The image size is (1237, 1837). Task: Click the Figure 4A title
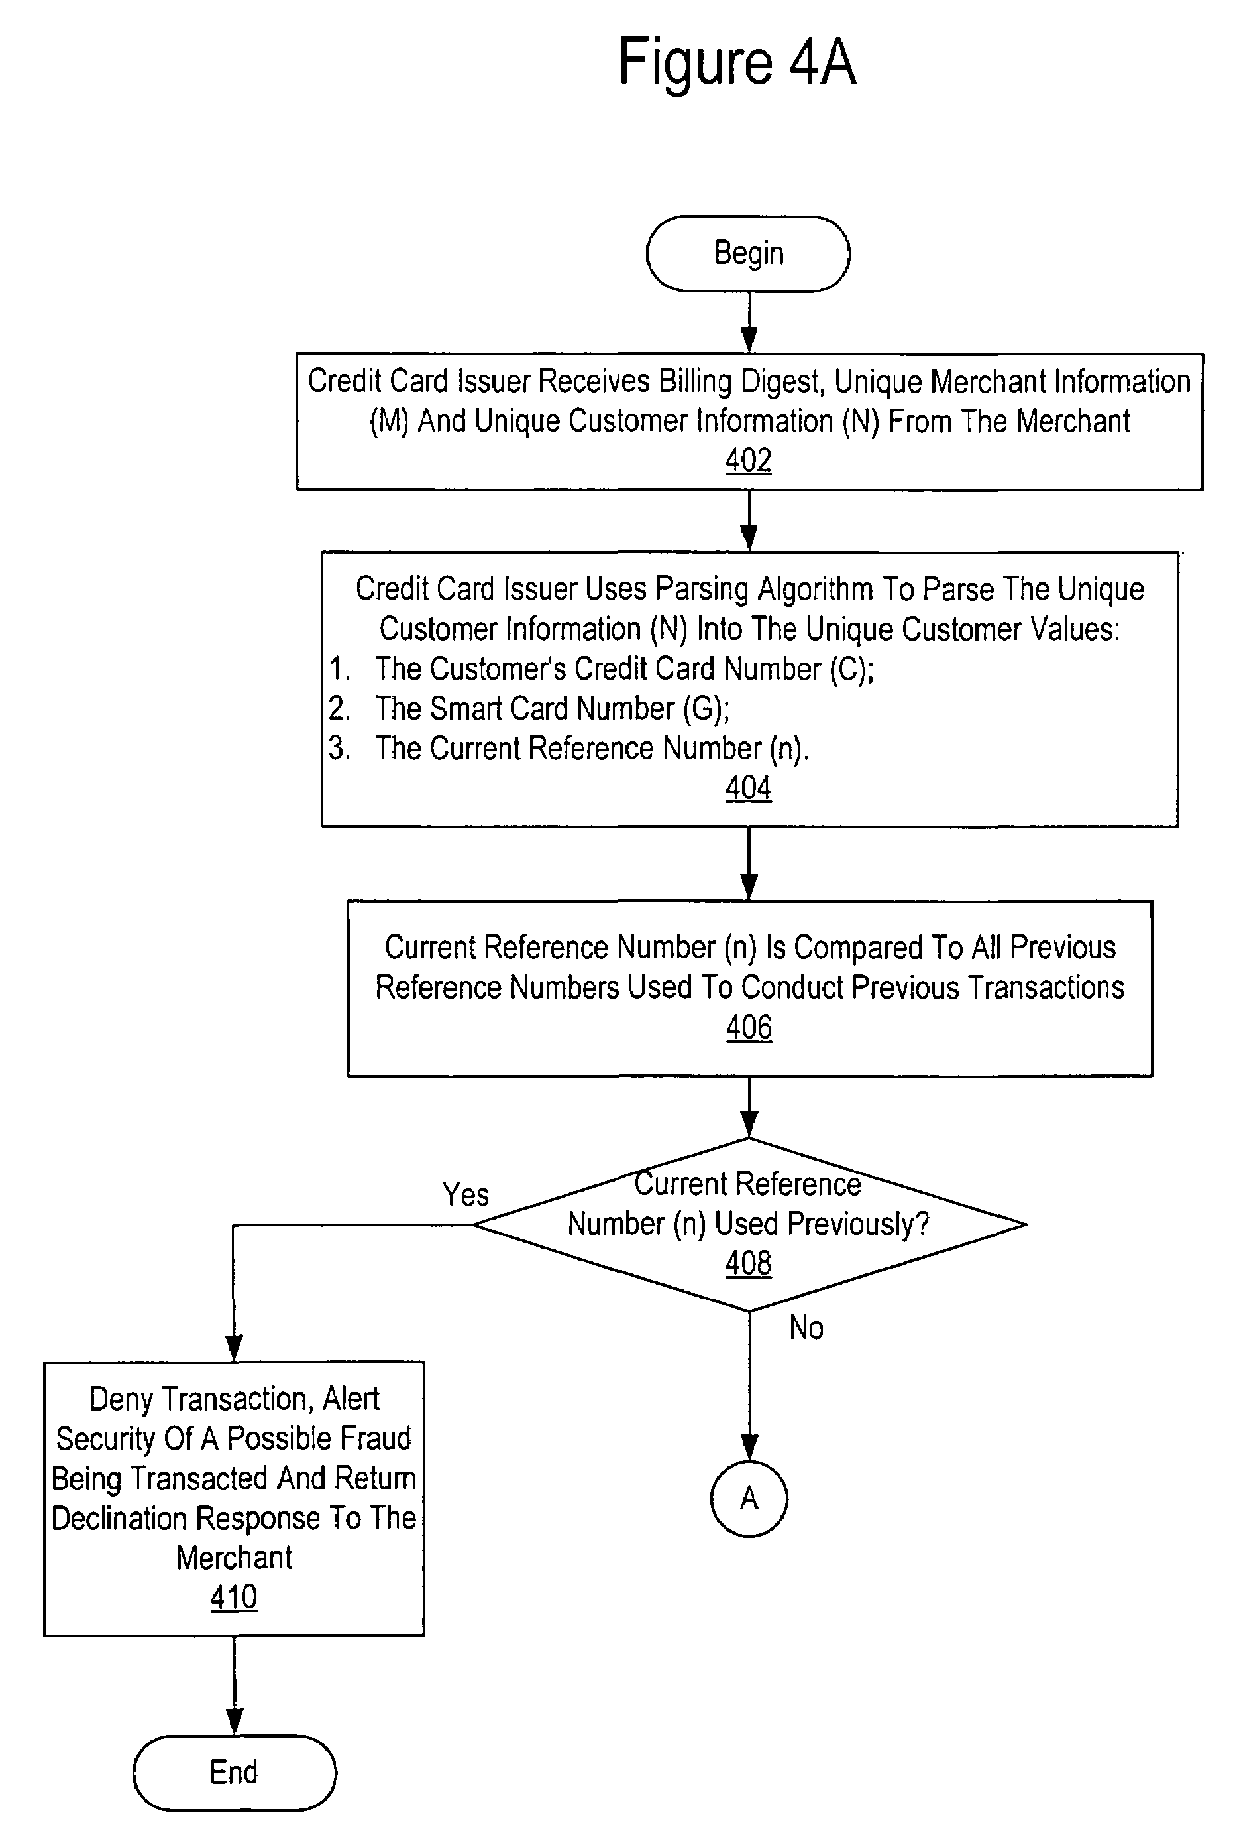(x=737, y=62)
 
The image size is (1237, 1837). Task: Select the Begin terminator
(x=749, y=253)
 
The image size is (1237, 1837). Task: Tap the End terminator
(x=235, y=1772)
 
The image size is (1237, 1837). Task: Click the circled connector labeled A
(x=749, y=1497)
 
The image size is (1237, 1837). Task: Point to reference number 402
(x=749, y=460)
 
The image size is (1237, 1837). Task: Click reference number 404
(x=749, y=788)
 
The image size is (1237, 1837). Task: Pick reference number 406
(x=749, y=1027)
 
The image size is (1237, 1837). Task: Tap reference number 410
(x=233, y=1597)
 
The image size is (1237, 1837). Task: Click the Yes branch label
(x=466, y=1194)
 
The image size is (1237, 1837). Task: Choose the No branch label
(x=806, y=1328)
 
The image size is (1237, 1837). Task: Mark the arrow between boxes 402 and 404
(x=749, y=520)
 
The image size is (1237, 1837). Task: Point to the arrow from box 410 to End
(x=235, y=1685)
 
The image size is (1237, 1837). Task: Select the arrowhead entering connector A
(x=749, y=1447)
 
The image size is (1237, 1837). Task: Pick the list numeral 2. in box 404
(x=339, y=708)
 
